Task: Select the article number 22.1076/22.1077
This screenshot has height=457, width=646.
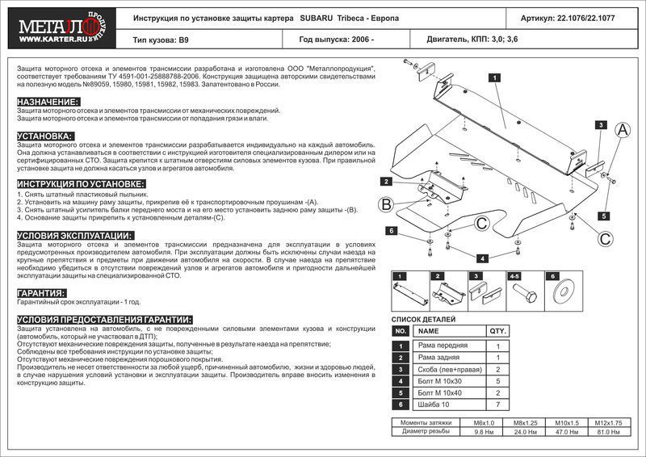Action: pos(593,17)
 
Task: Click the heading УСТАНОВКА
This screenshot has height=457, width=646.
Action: pos(45,136)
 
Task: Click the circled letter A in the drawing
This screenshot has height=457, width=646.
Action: pos(623,130)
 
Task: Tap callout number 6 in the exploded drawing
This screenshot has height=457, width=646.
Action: pos(391,232)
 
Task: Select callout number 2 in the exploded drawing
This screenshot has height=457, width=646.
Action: pos(388,180)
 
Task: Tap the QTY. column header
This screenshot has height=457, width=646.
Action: pos(498,331)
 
